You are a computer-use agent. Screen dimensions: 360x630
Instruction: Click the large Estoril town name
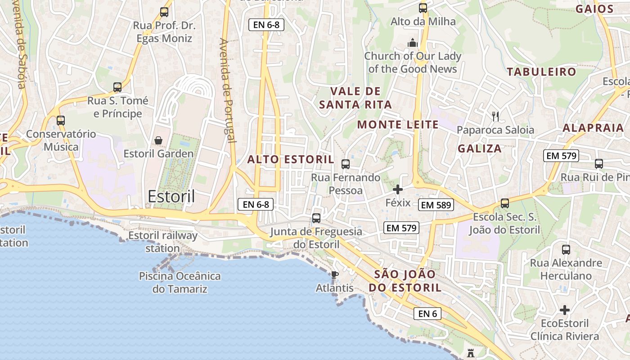point(171,197)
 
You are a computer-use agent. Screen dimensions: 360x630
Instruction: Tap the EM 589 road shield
point(436,205)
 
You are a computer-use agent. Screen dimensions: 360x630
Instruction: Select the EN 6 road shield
point(427,314)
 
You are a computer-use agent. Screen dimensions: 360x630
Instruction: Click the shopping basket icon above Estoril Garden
point(158,140)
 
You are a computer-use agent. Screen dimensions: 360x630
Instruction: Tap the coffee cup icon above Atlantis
point(334,274)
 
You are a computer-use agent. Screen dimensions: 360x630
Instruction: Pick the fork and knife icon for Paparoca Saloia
point(495,117)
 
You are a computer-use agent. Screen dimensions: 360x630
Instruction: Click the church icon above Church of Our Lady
point(412,43)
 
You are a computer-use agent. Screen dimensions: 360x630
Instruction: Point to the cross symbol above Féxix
point(398,189)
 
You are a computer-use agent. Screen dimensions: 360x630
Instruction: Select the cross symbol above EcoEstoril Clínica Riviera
point(565,310)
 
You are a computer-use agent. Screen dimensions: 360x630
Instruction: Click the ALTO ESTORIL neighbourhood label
point(291,159)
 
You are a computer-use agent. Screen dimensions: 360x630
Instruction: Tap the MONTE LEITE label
point(398,125)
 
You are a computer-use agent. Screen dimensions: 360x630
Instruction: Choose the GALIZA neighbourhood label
point(480,148)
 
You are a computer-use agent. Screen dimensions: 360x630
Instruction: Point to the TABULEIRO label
point(541,72)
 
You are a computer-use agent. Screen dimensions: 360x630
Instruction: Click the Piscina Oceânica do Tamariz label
point(180,282)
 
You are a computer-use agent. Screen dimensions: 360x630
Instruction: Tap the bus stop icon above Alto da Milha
point(423,8)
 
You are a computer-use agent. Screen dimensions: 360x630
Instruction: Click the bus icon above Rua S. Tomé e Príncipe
point(117,87)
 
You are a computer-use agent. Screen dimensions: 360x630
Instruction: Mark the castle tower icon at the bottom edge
point(471,353)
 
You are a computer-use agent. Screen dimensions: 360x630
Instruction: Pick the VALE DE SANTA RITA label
point(355,98)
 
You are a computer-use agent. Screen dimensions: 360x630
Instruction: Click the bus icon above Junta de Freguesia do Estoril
point(316,218)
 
